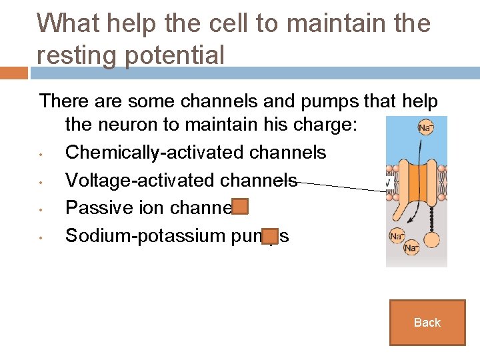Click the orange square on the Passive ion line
tap(241, 207)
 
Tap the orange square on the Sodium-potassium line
tap(270, 235)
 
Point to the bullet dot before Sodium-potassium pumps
tap(41, 237)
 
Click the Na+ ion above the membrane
tap(425, 127)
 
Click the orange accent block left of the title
tap(14, 73)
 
